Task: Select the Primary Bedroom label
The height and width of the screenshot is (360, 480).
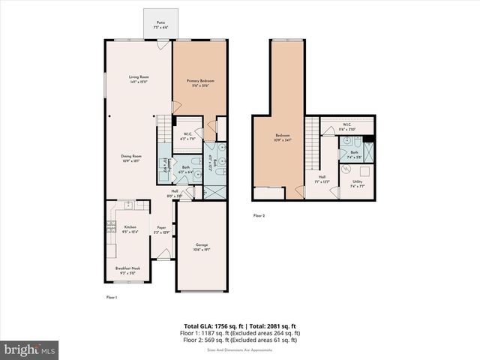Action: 200,82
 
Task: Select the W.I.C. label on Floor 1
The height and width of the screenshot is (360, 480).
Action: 188,136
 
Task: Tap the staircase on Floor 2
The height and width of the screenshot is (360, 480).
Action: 311,142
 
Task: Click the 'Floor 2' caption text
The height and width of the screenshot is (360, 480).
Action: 259,215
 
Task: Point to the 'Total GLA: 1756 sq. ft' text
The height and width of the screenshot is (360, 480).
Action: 209,325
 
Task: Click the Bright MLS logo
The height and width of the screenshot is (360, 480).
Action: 30,349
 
